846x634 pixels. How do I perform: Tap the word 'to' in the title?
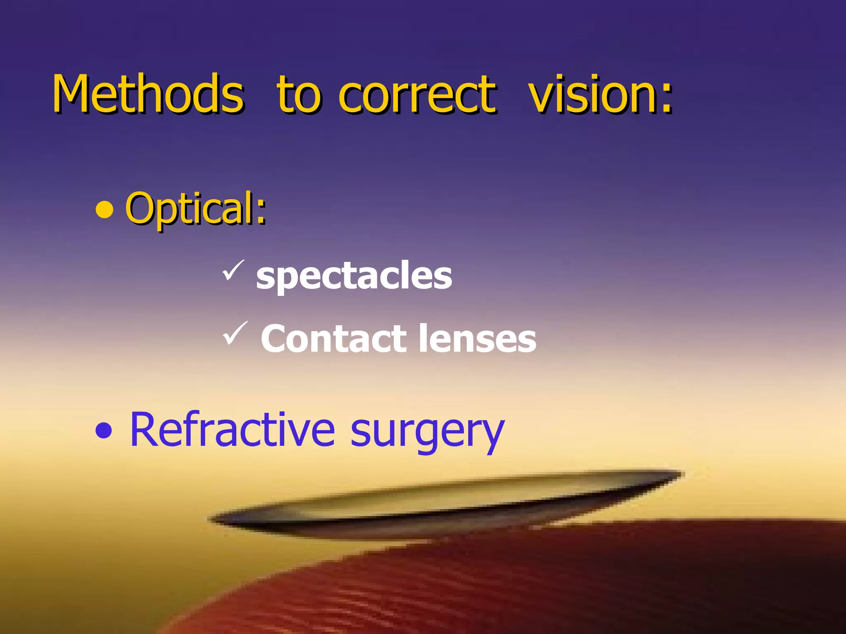(x=298, y=95)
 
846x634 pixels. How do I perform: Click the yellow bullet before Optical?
(x=104, y=210)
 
